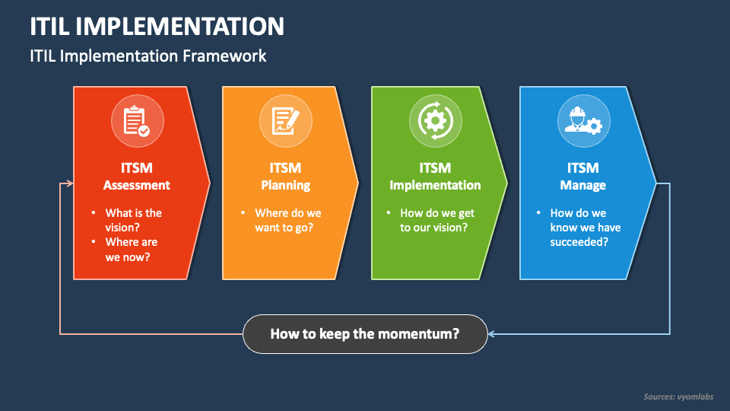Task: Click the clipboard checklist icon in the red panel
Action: coord(136,121)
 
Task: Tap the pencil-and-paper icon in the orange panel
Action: coord(285,121)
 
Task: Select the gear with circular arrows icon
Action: coord(434,121)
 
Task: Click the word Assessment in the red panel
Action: coord(137,185)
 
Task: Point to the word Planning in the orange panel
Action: coord(285,185)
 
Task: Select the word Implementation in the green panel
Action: coord(435,185)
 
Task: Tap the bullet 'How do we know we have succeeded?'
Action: coord(585,227)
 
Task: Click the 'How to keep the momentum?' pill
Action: coord(365,333)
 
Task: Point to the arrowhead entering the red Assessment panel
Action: coord(70,183)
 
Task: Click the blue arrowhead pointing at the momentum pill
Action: coord(492,333)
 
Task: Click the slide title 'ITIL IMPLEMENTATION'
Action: coord(157,27)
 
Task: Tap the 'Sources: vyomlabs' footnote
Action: coord(678,397)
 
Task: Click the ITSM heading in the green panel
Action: coord(435,167)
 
